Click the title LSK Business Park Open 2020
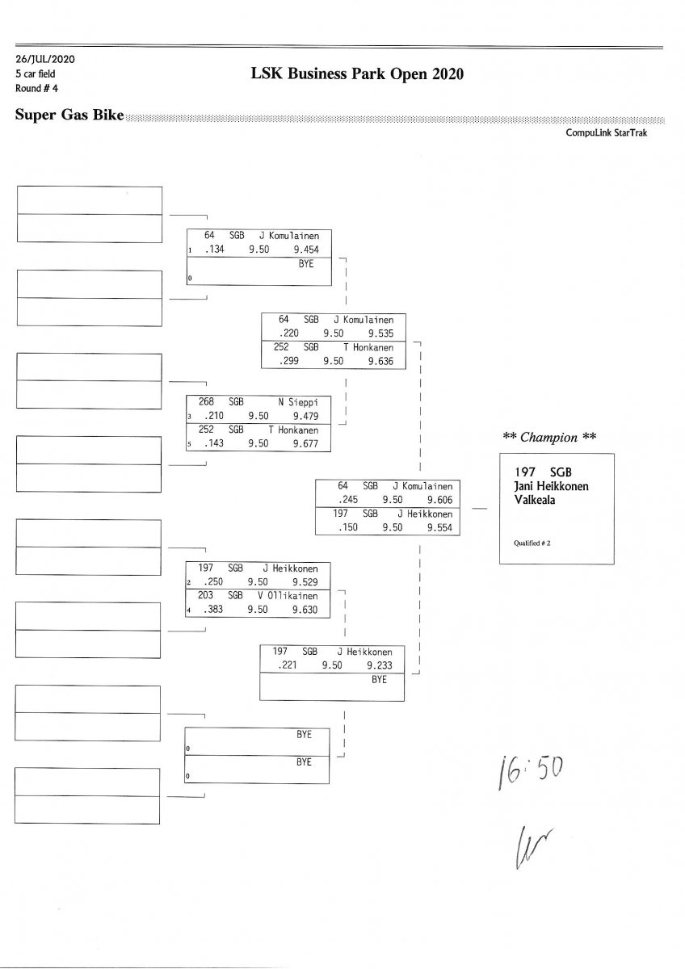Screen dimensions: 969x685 click(x=358, y=74)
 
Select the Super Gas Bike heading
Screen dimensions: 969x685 click(x=69, y=115)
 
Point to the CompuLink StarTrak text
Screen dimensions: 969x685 click(x=606, y=133)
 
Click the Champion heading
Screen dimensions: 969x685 click(x=549, y=438)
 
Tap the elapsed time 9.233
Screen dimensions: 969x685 click(x=379, y=665)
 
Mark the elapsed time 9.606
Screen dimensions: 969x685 click(x=439, y=501)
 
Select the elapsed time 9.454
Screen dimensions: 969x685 click(x=306, y=250)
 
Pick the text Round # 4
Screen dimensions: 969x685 click(x=36, y=88)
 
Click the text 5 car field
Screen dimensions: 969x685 click(x=36, y=74)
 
